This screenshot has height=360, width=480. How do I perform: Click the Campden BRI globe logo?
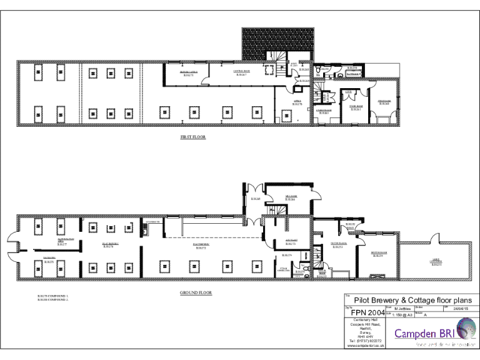(x=464, y=328)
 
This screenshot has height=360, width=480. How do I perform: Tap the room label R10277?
(x=62, y=244)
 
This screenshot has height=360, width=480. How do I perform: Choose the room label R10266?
(x=289, y=199)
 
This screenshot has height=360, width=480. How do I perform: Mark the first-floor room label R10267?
(x=242, y=75)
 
